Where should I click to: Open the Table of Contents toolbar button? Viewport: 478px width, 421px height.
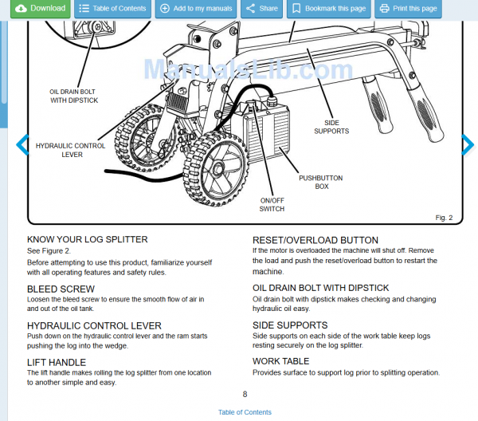(x=112, y=9)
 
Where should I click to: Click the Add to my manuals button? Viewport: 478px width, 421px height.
(x=196, y=9)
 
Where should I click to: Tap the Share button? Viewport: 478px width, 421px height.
(x=261, y=9)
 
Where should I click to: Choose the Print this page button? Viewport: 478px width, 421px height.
(x=408, y=9)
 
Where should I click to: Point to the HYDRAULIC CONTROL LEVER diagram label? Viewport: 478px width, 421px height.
(x=72, y=150)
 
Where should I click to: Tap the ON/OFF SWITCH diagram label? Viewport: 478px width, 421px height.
(x=272, y=204)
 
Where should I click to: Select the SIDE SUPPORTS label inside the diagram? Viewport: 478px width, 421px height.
(x=331, y=127)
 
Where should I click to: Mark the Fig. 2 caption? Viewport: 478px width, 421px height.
(x=444, y=217)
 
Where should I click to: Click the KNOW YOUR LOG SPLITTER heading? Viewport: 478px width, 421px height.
(x=88, y=239)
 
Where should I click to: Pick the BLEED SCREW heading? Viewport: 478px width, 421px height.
(x=61, y=289)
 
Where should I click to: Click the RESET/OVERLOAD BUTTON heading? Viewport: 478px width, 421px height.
(x=315, y=239)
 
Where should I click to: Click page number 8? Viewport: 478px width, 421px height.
(x=245, y=394)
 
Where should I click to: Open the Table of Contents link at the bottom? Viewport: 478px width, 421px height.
(x=245, y=412)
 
